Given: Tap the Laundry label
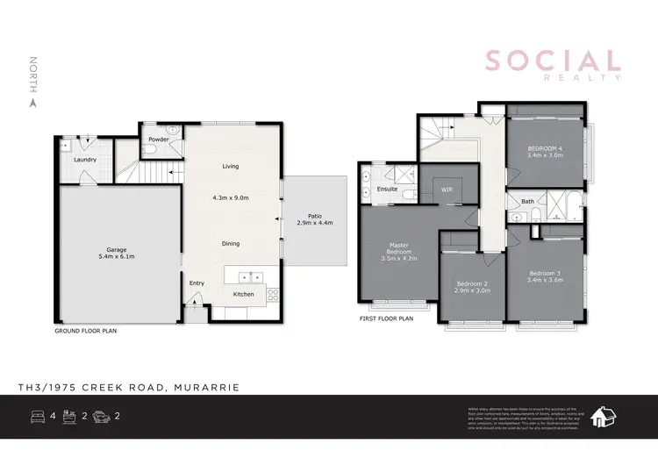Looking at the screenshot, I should click(x=85, y=160).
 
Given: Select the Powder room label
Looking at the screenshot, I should click(x=159, y=139).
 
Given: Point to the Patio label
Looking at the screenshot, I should click(x=314, y=216).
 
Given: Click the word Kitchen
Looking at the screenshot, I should click(x=243, y=294).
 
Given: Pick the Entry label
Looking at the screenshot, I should click(x=197, y=283).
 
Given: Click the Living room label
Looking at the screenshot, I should click(x=230, y=166).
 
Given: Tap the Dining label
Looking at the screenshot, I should click(x=231, y=244).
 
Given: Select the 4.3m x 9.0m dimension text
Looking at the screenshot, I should click(x=231, y=198).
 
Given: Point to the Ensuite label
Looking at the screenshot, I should click(x=388, y=189).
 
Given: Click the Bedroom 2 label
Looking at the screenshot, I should click(x=473, y=283).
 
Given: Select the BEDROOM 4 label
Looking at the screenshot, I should click(x=545, y=148).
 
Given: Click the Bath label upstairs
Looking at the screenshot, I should click(x=527, y=202).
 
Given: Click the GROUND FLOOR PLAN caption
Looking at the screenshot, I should click(x=85, y=332).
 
